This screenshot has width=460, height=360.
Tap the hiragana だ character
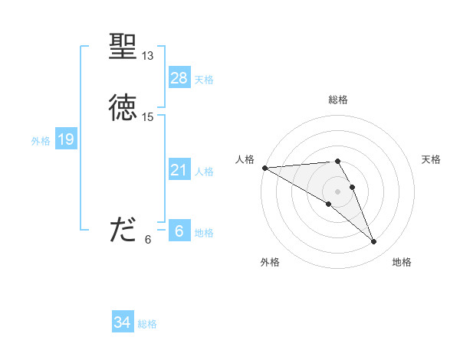click(123, 229)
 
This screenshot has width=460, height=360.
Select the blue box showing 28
click(179, 78)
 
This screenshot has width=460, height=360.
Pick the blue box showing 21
click(179, 170)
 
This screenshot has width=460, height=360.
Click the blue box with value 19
click(66, 139)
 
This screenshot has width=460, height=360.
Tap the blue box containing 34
click(123, 322)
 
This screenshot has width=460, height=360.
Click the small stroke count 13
click(148, 56)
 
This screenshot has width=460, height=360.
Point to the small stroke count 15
click(148, 117)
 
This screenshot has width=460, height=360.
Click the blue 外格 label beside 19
click(41, 141)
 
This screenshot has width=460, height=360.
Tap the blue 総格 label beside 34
click(148, 324)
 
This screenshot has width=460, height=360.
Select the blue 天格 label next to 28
click(204, 80)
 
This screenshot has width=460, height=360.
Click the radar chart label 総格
click(338, 100)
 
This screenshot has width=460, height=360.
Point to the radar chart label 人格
click(245, 159)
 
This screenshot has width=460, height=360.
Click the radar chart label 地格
click(402, 262)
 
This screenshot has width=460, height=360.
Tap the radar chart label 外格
click(270, 262)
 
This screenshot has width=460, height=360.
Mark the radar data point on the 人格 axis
click(264, 168)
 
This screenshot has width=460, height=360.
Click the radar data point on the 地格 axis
click(374, 242)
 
